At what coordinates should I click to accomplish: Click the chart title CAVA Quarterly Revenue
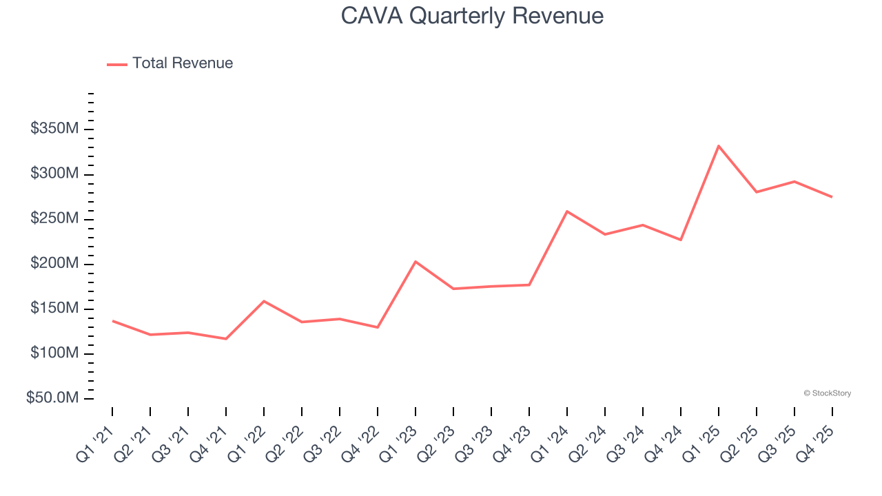(x=472, y=16)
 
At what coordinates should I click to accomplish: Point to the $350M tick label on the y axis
(x=54, y=129)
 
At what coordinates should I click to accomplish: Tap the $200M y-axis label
(x=54, y=264)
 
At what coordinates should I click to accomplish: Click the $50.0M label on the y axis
(x=52, y=398)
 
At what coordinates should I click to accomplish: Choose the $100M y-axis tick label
(x=54, y=353)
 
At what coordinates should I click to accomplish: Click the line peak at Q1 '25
(x=719, y=146)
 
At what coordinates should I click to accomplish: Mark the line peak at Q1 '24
(x=567, y=211)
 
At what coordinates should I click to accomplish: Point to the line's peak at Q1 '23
(x=416, y=262)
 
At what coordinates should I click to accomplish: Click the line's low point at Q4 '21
(x=226, y=338)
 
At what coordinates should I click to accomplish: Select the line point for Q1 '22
(x=264, y=301)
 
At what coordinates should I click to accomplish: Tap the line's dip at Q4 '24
(x=681, y=240)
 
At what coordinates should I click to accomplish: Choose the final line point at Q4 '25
(x=832, y=197)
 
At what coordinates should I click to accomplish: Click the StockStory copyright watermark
(x=827, y=393)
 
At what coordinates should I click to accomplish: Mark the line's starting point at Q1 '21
(x=112, y=321)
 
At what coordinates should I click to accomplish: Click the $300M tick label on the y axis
(x=54, y=174)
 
